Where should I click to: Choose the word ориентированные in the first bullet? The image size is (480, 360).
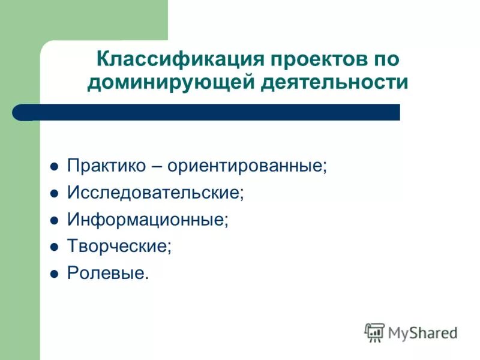(247, 166)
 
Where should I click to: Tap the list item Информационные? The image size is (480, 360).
(148, 219)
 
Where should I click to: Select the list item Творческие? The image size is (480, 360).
(119, 246)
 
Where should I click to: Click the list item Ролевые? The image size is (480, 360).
(106, 273)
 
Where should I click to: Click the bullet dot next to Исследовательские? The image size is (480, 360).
(53, 194)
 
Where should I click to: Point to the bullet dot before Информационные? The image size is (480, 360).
(53, 220)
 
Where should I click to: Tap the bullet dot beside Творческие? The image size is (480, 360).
(53, 247)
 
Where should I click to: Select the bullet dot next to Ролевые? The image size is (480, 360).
(53, 274)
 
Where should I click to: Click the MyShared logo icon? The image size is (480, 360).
(374, 332)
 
